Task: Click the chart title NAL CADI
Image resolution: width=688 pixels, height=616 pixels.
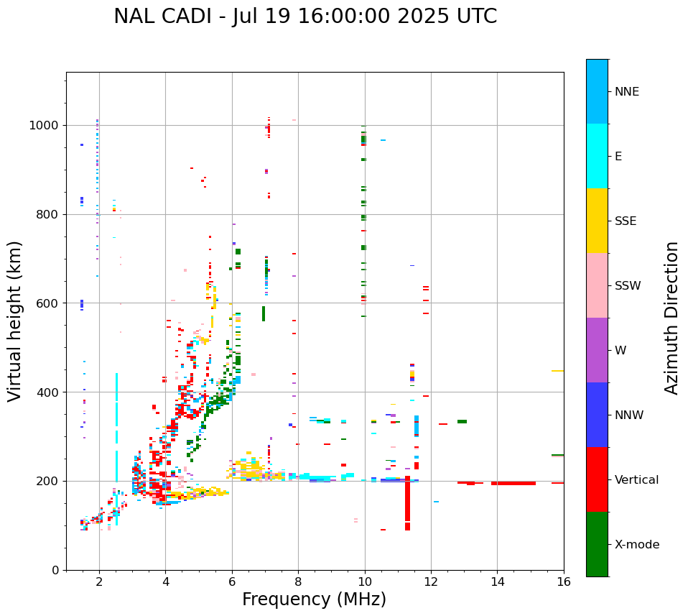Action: point(305,17)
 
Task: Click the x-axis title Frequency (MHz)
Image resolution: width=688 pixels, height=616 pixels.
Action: point(314,599)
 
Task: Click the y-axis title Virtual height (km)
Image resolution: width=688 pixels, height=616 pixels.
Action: point(15,321)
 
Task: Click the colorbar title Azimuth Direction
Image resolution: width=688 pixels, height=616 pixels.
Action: point(671,318)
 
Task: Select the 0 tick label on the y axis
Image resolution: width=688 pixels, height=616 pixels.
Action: point(56,570)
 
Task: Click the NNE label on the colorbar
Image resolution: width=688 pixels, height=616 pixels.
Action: point(627,92)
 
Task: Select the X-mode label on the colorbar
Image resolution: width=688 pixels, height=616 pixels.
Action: point(637,545)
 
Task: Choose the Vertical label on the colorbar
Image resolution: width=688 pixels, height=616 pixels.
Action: point(637,480)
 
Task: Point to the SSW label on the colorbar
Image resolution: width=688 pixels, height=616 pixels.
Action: point(628,286)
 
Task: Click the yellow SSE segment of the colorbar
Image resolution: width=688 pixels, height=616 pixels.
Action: point(597,221)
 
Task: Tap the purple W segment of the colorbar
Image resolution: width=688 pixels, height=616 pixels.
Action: point(597,350)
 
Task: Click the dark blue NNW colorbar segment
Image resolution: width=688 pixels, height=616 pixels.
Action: point(597,415)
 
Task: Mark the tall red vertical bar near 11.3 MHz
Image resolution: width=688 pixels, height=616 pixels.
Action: point(407,503)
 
